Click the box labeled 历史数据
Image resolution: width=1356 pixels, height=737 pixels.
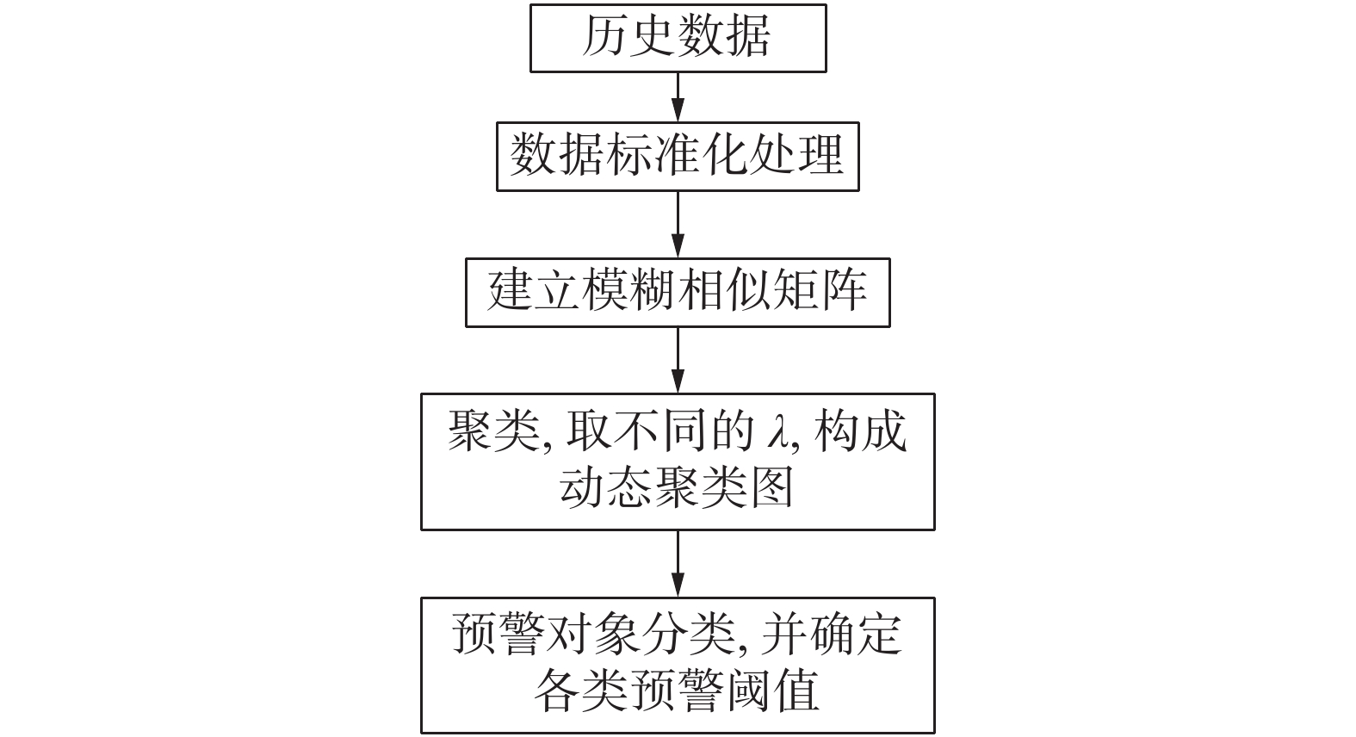coord(678,38)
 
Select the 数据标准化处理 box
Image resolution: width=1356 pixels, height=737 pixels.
coord(678,156)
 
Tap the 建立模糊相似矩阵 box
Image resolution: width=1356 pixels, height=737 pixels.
coord(678,292)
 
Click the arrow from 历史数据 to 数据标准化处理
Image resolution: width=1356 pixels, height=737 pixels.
coord(678,96)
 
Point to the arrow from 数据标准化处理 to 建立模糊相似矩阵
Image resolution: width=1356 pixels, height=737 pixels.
coord(678,224)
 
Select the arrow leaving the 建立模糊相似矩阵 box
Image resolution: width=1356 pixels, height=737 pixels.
coord(678,360)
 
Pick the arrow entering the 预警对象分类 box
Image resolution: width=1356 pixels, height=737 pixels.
coord(678,564)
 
